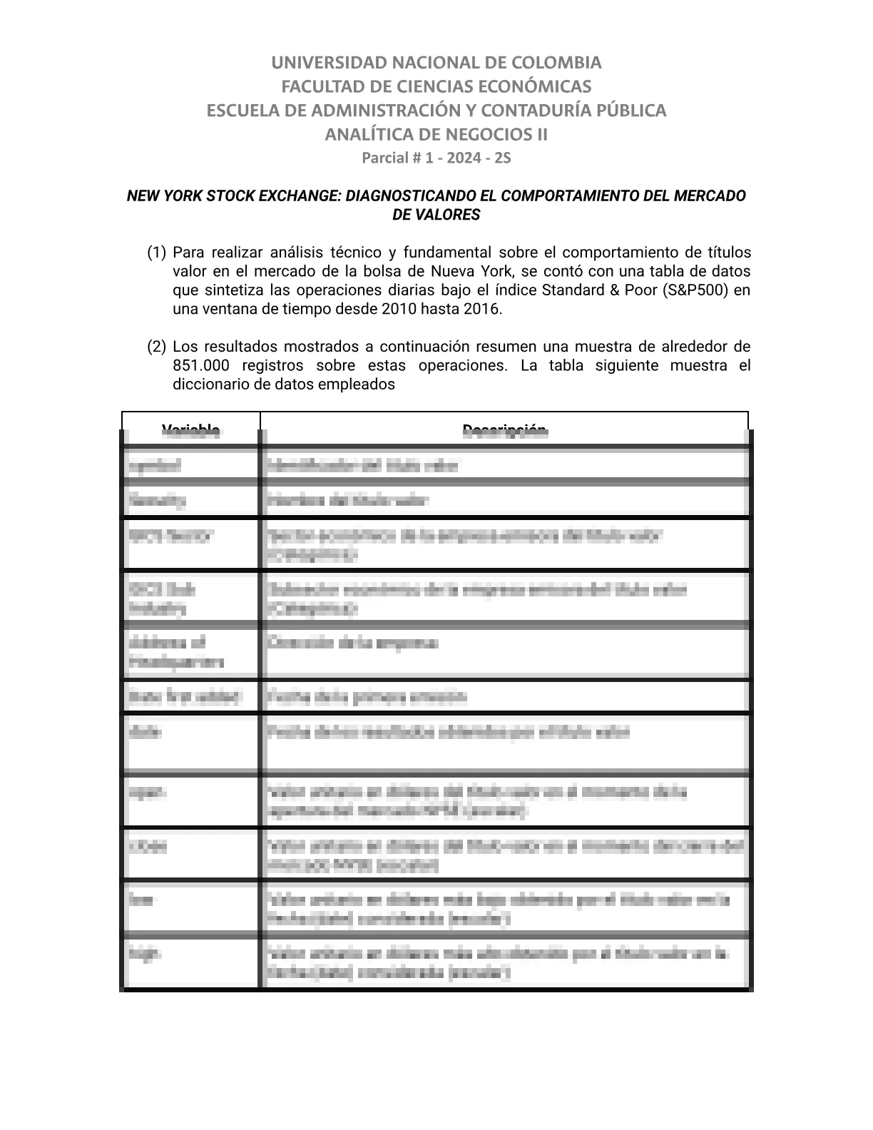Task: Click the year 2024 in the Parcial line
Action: click(x=461, y=158)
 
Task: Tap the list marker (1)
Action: click(x=156, y=253)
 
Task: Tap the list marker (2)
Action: click(x=156, y=347)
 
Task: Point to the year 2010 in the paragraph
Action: click(x=398, y=309)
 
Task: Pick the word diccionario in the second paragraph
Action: click(x=208, y=385)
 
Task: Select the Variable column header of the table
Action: click(x=191, y=429)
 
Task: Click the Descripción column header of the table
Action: click(x=504, y=429)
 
